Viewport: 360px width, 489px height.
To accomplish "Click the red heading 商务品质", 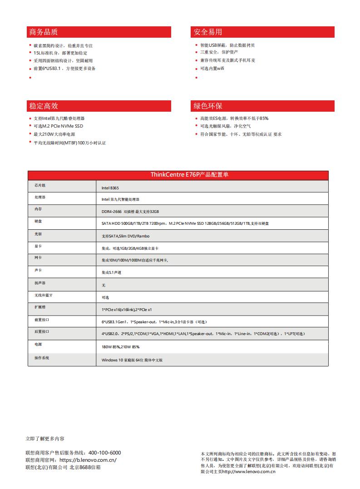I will point(44,32).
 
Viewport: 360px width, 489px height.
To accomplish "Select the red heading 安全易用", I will point(208,32).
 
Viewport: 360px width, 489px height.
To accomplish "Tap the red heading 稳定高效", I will point(44,106).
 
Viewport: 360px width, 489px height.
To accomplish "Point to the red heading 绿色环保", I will point(208,106).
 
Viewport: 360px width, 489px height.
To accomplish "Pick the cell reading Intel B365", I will point(110,188).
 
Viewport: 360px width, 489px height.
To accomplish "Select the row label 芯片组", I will point(40,186).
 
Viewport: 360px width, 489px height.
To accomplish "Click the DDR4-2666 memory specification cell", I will point(130,212).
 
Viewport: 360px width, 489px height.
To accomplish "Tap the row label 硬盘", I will point(38,222).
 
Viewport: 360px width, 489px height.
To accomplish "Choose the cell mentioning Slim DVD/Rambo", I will point(126,236).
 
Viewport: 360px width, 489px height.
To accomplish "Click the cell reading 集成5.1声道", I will point(111,272).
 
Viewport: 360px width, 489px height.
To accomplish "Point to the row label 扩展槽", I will point(40,307).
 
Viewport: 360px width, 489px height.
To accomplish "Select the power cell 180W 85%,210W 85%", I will point(120,346).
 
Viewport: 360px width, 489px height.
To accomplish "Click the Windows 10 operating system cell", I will point(132,360).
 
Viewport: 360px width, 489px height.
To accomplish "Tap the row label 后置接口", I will point(41,332).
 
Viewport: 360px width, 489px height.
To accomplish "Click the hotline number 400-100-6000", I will point(104,453).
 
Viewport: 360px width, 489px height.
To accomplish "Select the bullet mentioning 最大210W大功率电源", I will point(54,134).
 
